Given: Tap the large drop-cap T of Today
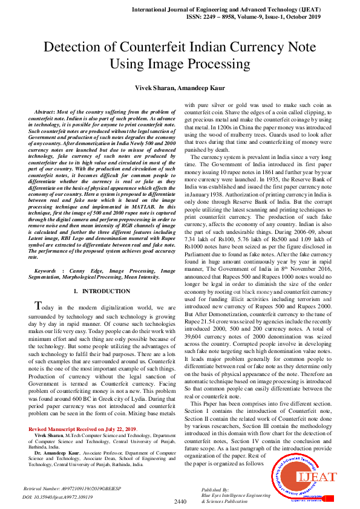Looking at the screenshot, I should (38, 306).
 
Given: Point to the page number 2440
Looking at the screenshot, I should (180, 502).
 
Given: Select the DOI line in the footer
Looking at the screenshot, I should (58, 496).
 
